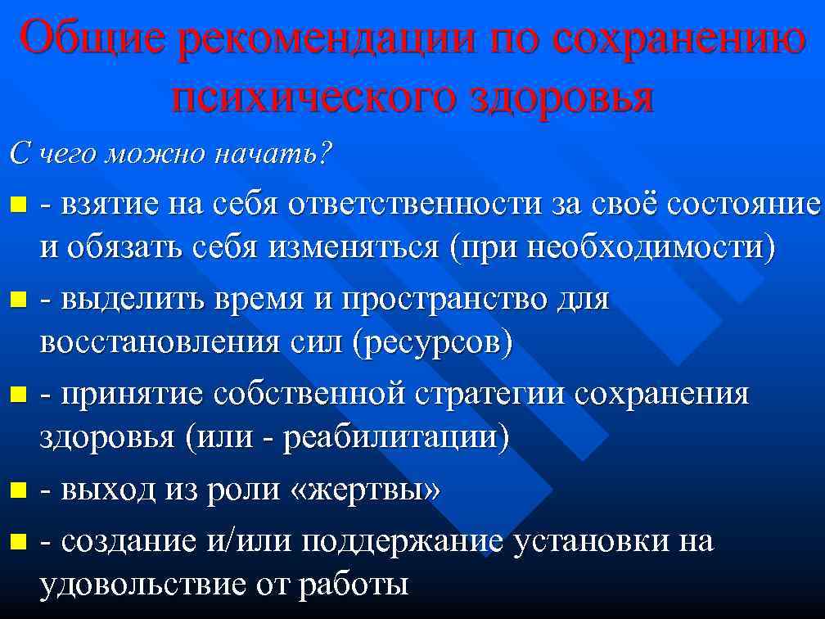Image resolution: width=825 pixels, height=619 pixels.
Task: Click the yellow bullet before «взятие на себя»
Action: pyautogui.click(x=18, y=204)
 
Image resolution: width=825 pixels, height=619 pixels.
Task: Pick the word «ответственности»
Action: pyautogui.click(x=415, y=204)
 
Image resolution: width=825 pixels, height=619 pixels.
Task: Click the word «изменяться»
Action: pyautogui.click(x=354, y=246)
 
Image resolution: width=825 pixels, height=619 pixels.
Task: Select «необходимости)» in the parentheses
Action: pyautogui.click(x=651, y=247)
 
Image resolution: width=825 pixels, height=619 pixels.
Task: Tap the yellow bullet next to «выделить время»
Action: pyautogui.click(x=18, y=300)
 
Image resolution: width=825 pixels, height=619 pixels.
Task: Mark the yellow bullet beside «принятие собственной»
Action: pyautogui.click(x=18, y=395)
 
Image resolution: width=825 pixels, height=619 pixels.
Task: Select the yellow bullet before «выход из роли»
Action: pyautogui.click(x=18, y=490)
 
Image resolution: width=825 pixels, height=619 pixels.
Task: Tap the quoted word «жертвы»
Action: pyautogui.click(x=365, y=490)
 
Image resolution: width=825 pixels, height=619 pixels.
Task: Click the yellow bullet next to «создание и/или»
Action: pyautogui.click(x=18, y=540)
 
